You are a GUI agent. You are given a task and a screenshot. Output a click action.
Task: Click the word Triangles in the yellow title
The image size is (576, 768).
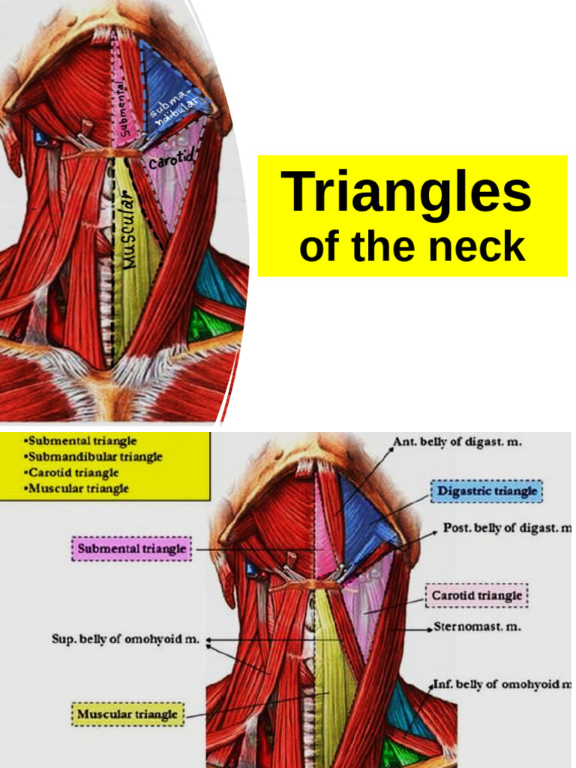(406, 193)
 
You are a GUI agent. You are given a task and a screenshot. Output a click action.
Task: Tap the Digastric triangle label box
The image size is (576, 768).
(487, 492)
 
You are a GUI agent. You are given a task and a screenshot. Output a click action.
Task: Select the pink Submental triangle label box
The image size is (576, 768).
(131, 549)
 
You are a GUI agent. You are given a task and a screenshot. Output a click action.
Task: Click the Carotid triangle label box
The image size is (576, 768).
(477, 596)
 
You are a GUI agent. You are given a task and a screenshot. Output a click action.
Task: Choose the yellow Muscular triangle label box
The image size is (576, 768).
(127, 714)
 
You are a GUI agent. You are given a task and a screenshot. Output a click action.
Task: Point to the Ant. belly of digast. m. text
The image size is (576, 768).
(457, 442)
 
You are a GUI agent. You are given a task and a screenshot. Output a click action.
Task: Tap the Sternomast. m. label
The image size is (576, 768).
(466, 625)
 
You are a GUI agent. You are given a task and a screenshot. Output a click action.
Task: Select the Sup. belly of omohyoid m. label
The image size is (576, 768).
(125, 640)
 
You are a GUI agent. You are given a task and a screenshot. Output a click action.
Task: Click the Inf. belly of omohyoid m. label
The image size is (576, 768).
(502, 685)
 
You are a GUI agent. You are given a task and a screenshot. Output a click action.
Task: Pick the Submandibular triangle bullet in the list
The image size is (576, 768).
(93, 456)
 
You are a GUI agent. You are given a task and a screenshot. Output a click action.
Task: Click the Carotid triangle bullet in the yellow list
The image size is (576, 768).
(73, 472)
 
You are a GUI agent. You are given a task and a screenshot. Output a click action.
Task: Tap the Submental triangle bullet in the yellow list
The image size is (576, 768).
(80, 440)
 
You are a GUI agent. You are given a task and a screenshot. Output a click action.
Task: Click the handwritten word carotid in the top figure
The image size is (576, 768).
(172, 160)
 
